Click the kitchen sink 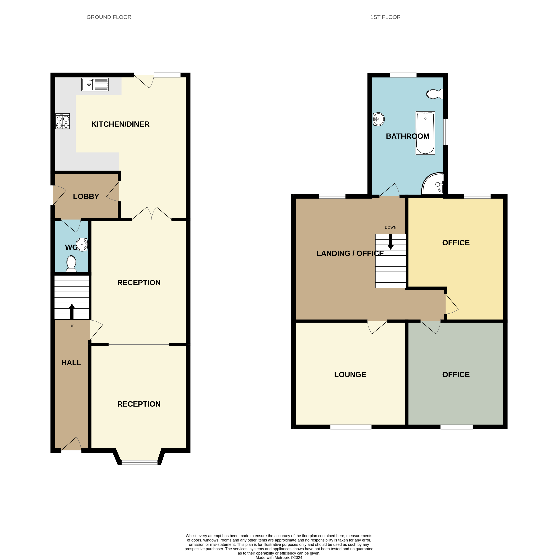click(x=95, y=84)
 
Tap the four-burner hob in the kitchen click(x=63, y=121)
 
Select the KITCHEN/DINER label click(x=120, y=124)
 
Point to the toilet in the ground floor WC click(x=71, y=264)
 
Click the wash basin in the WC click(x=82, y=244)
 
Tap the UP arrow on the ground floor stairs click(x=72, y=312)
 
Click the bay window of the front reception click(x=139, y=462)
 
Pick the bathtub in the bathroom click(x=425, y=133)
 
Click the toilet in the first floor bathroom click(x=435, y=94)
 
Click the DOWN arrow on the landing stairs click(x=391, y=242)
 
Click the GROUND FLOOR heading click(x=109, y=17)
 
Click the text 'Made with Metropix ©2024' click(x=279, y=557)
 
